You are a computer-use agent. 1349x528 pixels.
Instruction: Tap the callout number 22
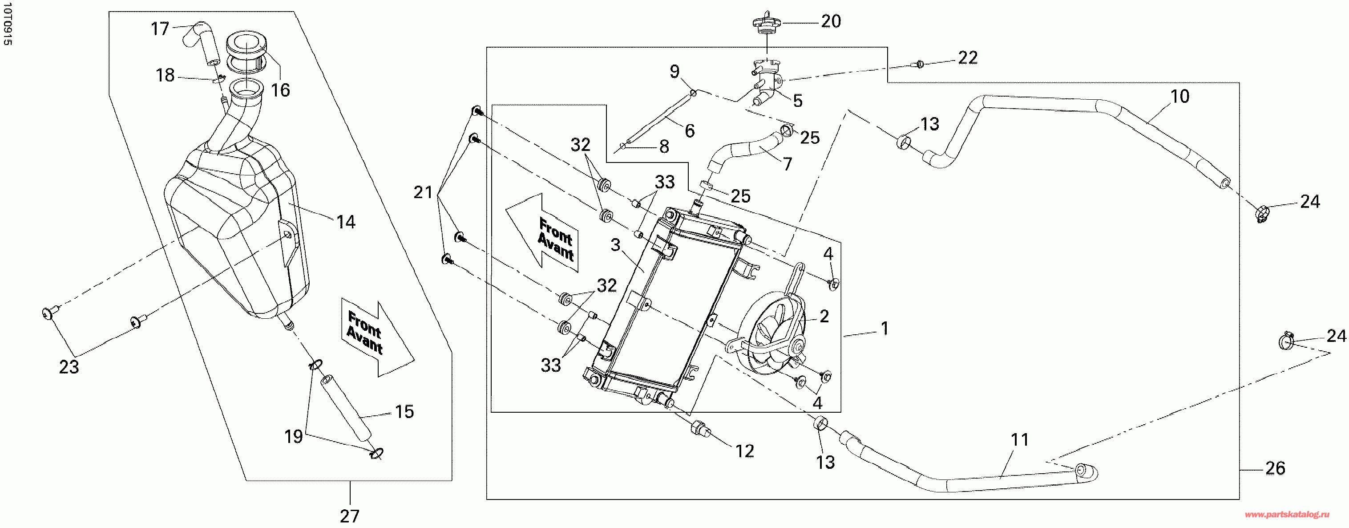(968, 57)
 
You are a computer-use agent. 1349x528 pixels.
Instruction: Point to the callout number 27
(350, 516)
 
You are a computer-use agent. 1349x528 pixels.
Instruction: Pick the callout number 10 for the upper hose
(1180, 96)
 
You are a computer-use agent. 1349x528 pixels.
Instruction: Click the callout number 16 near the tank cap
(280, 90)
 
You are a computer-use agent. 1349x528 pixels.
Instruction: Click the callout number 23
(69, 367)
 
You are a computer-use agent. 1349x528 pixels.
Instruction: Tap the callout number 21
(423, 193)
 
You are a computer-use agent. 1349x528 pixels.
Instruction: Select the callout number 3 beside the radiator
(615, 244)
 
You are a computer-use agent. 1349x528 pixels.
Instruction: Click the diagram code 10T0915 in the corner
(7, 24)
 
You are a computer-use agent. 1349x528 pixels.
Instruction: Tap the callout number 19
(293, 436)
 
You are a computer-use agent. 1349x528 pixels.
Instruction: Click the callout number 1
(885, 329)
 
